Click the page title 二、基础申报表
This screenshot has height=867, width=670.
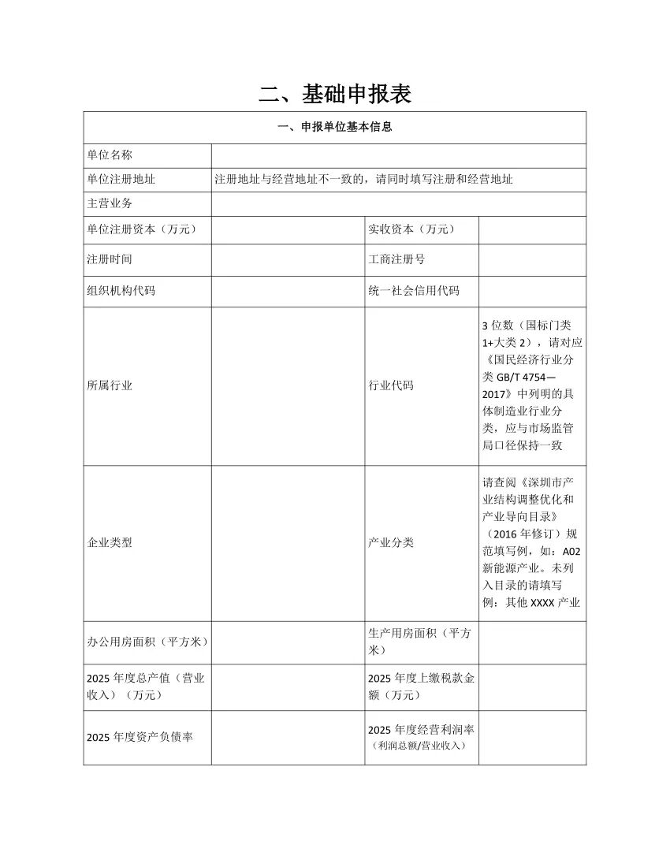335,95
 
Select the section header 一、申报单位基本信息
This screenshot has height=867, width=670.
335,127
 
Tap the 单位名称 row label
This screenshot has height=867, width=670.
110,155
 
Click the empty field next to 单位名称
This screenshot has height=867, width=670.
398,155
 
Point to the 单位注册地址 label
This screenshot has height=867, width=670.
121,180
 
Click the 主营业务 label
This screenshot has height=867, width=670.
110,203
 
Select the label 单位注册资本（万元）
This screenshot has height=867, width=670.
141,229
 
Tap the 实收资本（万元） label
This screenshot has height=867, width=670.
411,229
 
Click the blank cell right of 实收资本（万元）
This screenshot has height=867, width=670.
532,229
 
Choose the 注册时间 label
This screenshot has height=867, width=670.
110,259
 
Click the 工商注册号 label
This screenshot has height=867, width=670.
396,259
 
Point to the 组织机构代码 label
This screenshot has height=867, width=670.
121,291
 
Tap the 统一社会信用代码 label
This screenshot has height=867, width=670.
414,291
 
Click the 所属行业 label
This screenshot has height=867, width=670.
110,385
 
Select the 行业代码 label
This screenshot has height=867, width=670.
391,385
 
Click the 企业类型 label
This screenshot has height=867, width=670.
110,543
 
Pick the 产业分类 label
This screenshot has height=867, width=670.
391,543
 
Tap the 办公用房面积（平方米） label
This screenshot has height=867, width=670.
147,642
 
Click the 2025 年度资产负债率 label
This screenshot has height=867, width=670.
140,737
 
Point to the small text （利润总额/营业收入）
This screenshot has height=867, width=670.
422,746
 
